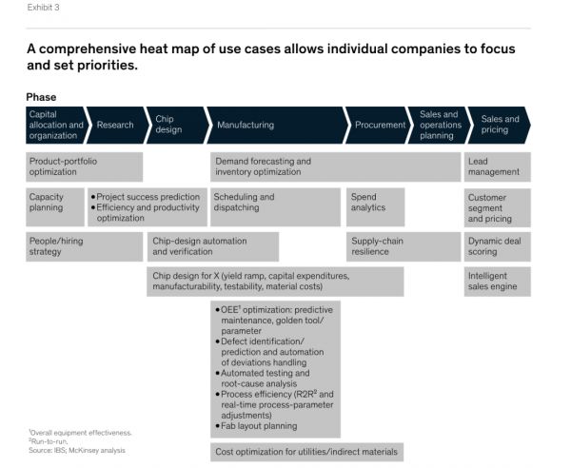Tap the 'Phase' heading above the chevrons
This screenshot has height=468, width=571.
[42, 96]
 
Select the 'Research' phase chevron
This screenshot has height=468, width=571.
[116, 125]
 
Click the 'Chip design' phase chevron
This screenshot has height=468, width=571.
[174, 125]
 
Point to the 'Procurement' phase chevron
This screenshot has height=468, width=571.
[378, 125]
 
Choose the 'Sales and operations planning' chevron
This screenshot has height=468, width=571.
[438, 125]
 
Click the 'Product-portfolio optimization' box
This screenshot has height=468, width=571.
[84, 166]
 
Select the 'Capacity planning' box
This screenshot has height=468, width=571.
[55, 203]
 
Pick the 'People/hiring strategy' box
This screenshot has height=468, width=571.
[84, 246]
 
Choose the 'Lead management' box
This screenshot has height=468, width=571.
[497, 166]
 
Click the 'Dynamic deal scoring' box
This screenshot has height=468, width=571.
[497, 246]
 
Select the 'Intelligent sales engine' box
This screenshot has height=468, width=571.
[497, 282]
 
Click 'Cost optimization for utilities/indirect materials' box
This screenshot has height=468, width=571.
[307, 451]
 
